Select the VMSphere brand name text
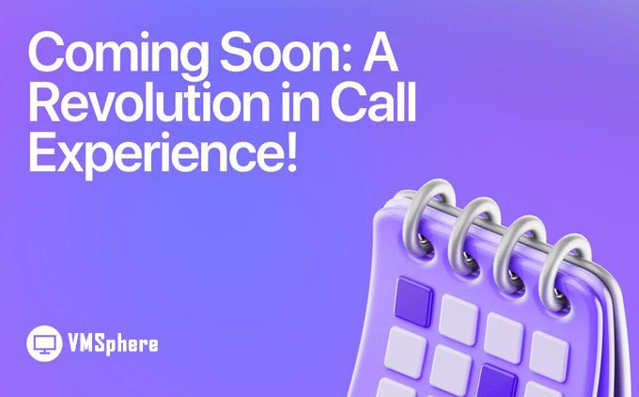coord(113,343)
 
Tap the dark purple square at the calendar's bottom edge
coord(497,381)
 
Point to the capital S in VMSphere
coord(101,343)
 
